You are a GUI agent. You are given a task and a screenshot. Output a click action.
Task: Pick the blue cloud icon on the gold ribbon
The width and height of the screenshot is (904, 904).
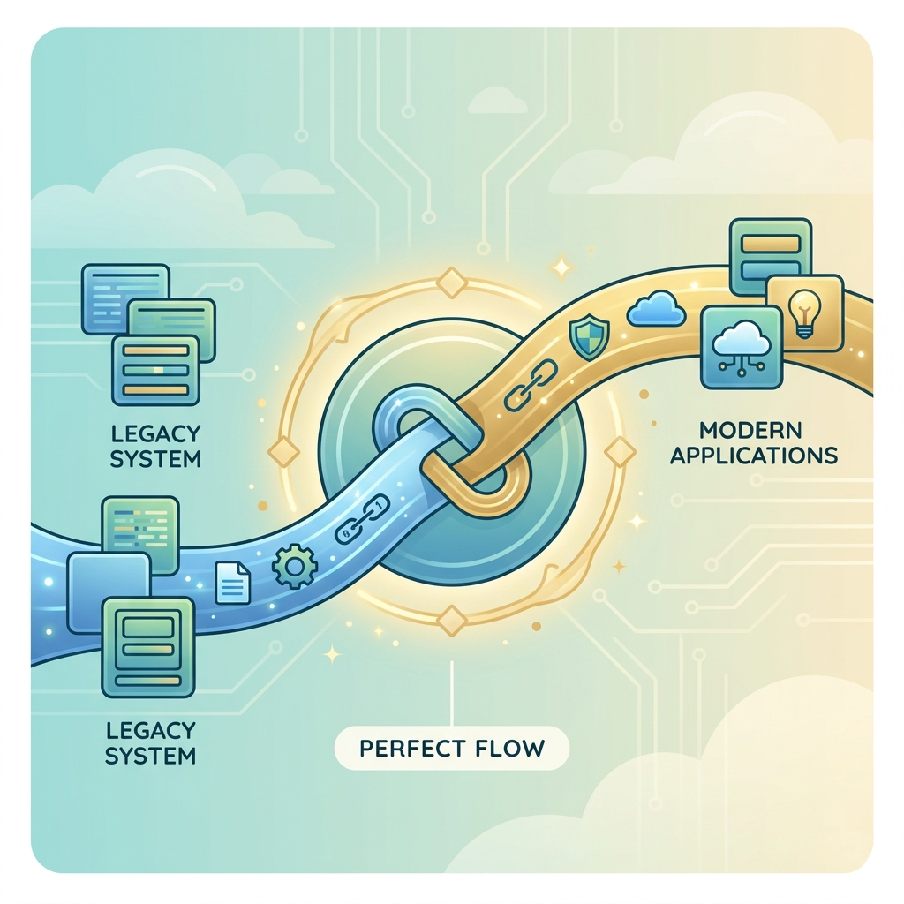tap(655, 310)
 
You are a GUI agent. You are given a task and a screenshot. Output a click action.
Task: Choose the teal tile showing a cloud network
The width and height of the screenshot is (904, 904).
tap(741, 347)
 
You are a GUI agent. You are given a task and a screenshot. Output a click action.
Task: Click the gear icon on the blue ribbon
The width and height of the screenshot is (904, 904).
tap(290, 566)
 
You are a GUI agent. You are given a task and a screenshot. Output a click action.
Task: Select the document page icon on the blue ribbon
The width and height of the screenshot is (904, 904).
tap(233, 584)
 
